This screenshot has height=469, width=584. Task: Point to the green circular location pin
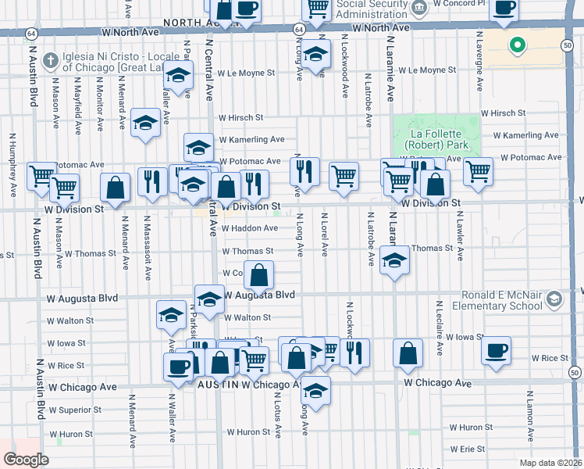[515, 45]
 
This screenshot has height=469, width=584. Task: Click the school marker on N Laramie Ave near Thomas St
[394, 261]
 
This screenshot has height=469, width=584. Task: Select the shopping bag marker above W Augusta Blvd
[259, 275]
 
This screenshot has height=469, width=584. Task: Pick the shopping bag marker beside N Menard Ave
[116, 188]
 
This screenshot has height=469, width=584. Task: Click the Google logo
[26, 460]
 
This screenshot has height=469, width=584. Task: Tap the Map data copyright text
[550, 463]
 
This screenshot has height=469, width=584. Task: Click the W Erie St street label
[467, 449]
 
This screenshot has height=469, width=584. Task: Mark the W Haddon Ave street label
[250, 228]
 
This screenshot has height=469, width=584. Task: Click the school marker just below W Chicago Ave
[315, 391]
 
